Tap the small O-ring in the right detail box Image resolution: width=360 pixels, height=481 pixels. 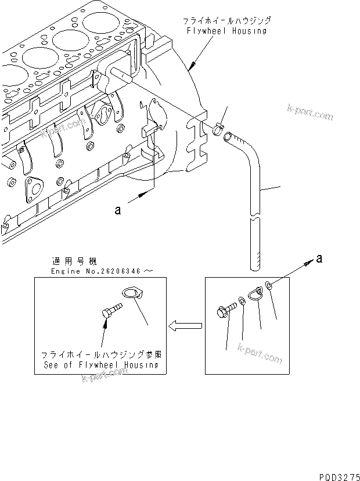click(270, 285)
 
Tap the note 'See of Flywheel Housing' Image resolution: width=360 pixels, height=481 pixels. click(101, 365)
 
